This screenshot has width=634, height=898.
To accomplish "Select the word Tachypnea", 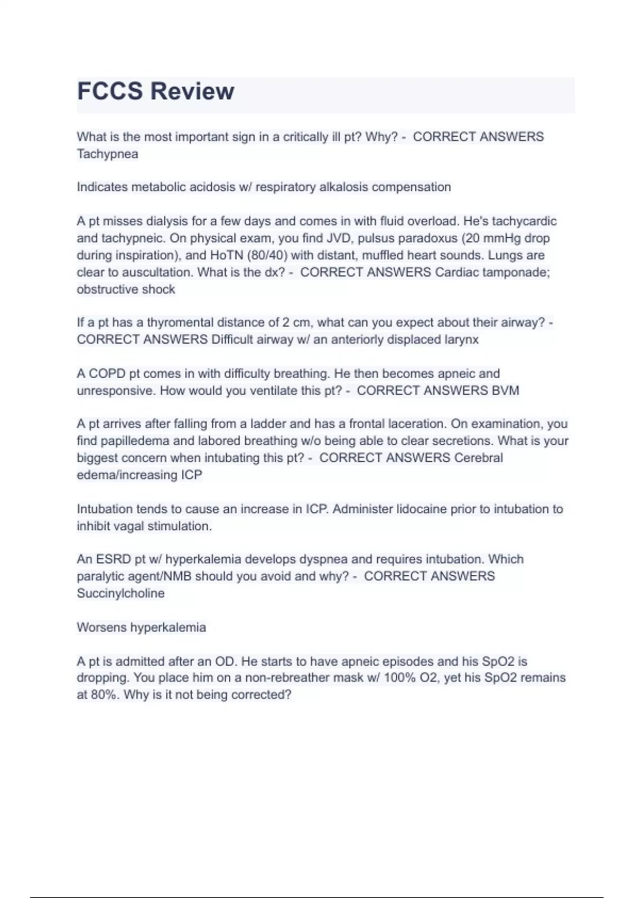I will pos(107,154).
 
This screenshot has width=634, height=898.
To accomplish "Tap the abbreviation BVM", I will pos(505,391).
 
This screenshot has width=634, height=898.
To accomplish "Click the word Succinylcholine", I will pos(120,594).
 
